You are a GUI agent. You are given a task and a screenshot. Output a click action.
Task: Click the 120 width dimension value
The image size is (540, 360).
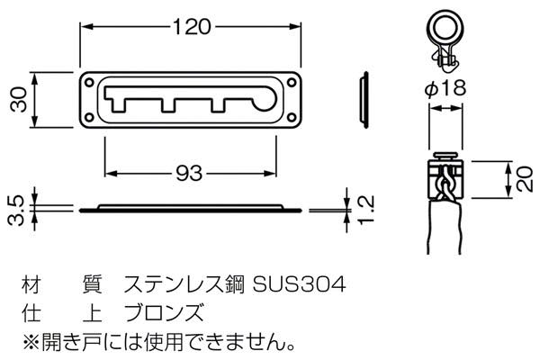[191, 27]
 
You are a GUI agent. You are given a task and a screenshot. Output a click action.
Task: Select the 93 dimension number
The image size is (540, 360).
[189, 174]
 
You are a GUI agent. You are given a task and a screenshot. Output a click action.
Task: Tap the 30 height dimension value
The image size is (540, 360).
[19, 100]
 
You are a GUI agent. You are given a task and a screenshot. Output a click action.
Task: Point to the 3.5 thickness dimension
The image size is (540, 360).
[16, 211]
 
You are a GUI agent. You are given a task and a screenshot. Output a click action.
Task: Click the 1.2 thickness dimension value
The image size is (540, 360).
[365, 210]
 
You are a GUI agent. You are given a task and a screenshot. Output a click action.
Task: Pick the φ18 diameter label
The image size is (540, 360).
[445, 88]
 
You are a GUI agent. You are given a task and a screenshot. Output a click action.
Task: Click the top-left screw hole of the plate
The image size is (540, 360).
[89, 82]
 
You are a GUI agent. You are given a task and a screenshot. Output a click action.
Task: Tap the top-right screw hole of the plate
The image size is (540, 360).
[292, 82]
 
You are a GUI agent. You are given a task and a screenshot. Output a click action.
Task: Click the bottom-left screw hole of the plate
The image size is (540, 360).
[89, 118]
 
